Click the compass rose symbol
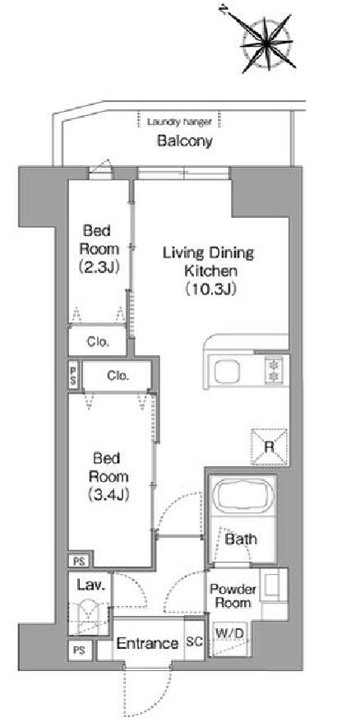[267, 43]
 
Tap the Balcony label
[185, 141]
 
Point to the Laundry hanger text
[179, 123]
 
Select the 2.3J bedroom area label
[99, 266]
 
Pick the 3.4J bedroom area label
[108, 494]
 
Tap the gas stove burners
[275, 371]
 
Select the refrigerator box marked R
[270, 447]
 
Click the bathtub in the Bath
[242, 498]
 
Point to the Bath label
[241, 539]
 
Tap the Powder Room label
[233, 596]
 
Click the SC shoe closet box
[194, 641]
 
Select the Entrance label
[147, 643]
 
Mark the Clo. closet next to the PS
[118, 376]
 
